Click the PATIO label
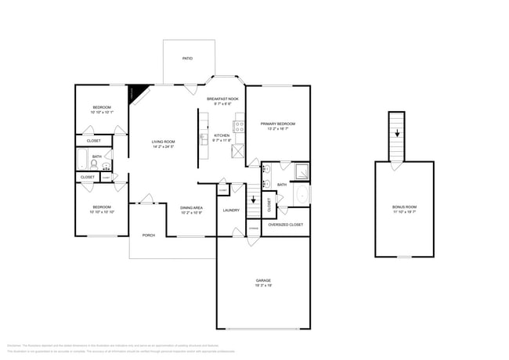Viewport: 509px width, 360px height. tap(187, 59)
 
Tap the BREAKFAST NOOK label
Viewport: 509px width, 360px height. tap(222, 99)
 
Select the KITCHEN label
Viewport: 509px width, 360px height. tap(222, 135)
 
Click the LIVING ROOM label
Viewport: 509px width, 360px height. tap(163, 142)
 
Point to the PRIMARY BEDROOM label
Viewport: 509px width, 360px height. tap(277, 124)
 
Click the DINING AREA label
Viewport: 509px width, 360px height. tap(192, 207)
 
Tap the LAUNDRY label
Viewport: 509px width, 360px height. tap(231, 210)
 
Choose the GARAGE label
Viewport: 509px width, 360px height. tap(263, 280)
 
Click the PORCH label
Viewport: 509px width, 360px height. tap(148, 235)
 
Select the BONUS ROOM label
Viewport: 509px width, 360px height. tap(405, 207)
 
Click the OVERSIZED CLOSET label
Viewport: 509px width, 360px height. tap(285, 225)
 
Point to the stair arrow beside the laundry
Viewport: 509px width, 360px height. tap(253, 200)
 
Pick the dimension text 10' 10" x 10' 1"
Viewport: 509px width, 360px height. tap(102, 113)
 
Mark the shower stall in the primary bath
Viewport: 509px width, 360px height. tap(300, 170)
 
